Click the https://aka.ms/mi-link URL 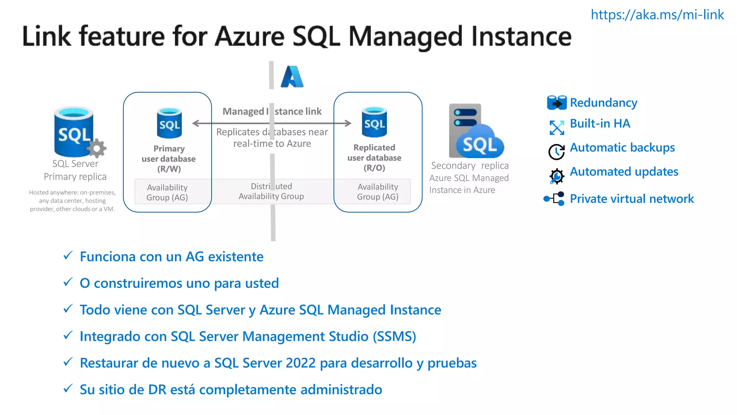(657, 15)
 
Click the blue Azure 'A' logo (292, 77)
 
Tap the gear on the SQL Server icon (97, 148)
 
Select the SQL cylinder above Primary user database (169, 123)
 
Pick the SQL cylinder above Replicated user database (374, 122)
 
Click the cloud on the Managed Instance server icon (480, 144)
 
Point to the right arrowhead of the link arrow (348, 123)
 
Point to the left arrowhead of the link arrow (196, 123)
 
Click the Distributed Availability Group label (271, 191)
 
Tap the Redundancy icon (556, 103)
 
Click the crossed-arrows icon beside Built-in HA (557, 128)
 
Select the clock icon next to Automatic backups (556, 152)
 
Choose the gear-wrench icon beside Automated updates (556, 176)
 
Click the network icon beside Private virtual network (555, 198)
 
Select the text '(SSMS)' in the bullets (394, 336)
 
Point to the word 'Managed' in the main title (405, 37)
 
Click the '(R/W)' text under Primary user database (169, 169)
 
